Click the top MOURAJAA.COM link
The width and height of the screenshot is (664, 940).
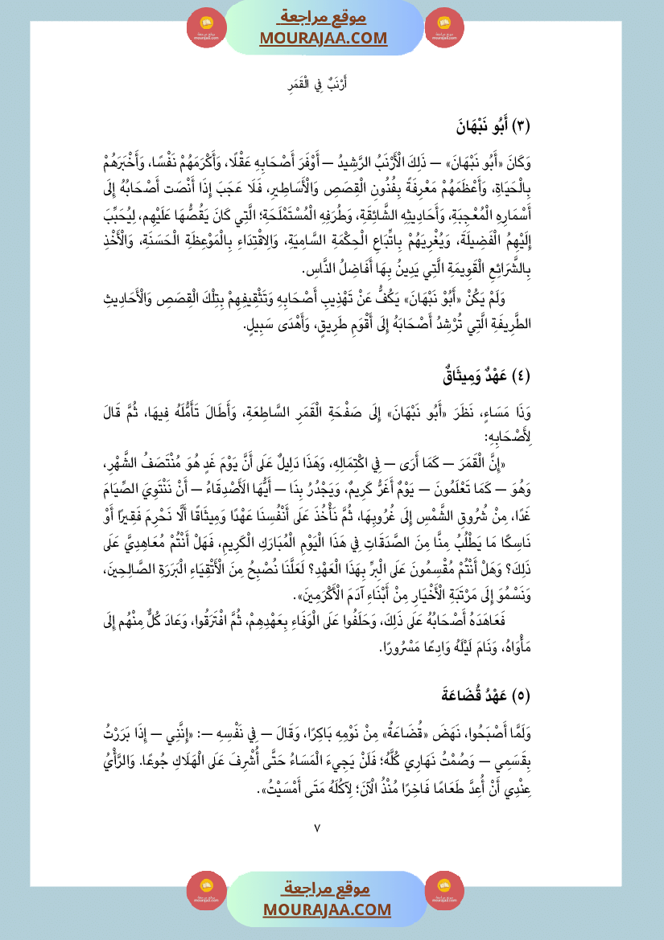pos(323,39)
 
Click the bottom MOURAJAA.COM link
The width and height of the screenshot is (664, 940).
pos(325,909)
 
